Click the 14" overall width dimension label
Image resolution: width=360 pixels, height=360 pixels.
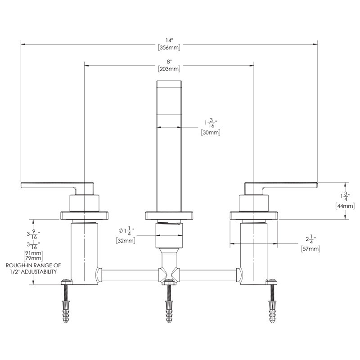click(169, 40)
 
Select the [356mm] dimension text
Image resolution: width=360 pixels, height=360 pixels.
click(169, 48)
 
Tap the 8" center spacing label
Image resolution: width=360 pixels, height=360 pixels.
click(169, 62)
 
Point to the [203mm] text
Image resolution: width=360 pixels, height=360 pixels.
click(169, 69)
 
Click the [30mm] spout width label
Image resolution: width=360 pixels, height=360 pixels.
click(211, 132)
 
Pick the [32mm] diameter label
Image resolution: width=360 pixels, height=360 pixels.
click(126, 241)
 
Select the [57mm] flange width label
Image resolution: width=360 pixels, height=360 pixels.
click(310, 249)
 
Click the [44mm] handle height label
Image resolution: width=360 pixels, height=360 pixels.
click(345, 206)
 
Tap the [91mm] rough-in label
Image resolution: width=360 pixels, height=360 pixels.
click(33, 253)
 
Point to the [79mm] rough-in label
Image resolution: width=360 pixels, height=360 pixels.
click(33, 258)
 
